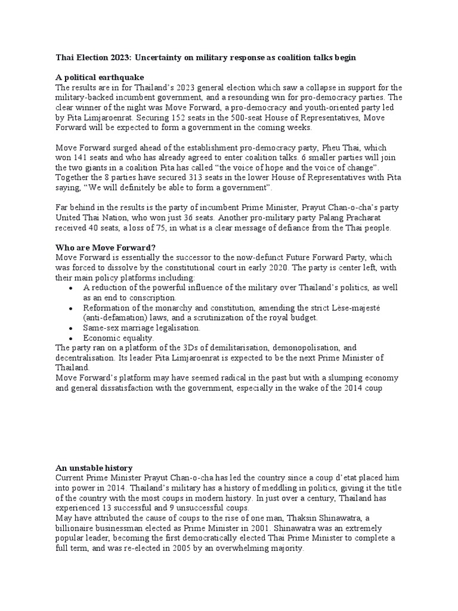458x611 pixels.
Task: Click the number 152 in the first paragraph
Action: tap(197, 118)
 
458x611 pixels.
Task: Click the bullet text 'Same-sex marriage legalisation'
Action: tap(141, 328)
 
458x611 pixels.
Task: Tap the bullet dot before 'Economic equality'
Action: tap(71, 338)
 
